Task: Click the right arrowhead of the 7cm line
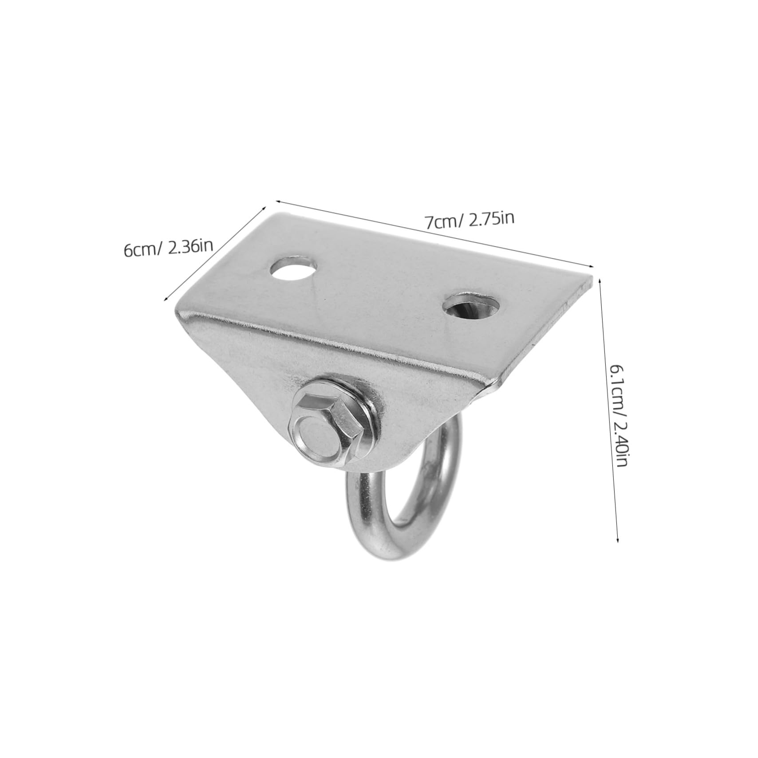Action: coord(593,266)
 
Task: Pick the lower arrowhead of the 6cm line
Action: coord(166,301)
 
